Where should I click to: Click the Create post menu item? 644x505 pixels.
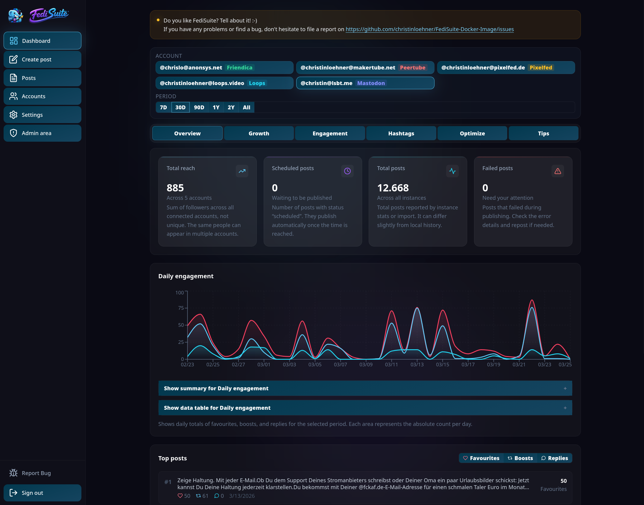[x=42, y=59]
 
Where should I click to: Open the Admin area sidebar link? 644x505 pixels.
[x=42, y=133]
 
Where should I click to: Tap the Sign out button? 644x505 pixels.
[x=42, y=493]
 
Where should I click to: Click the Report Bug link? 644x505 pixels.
[x=36, y=473]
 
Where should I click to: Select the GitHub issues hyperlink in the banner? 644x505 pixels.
[x=429, y=29]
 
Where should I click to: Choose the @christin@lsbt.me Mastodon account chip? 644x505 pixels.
[x=365, y=83]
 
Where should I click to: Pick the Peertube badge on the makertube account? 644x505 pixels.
[x=412, y=67]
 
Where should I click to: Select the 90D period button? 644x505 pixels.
[x=199, y=107]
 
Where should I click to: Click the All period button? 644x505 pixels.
[x=246, y=107]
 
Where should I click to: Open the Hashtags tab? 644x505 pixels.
[x=401, y=133]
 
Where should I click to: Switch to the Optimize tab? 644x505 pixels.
[x=472, y=133]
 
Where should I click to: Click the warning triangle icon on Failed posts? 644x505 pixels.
[x=558, y=171]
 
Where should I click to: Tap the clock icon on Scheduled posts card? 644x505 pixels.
[x=347, y=171]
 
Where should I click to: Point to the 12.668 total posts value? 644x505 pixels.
[x=393, y=188]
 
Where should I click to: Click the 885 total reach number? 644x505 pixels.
[x=175, y=188]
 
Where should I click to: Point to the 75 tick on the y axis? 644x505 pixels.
[x=181, y=308]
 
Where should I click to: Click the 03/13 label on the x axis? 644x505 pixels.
[x=417, y=365]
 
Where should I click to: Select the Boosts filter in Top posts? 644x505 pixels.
[x=520, y=458]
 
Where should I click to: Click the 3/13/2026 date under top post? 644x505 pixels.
[x=242, y=496]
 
